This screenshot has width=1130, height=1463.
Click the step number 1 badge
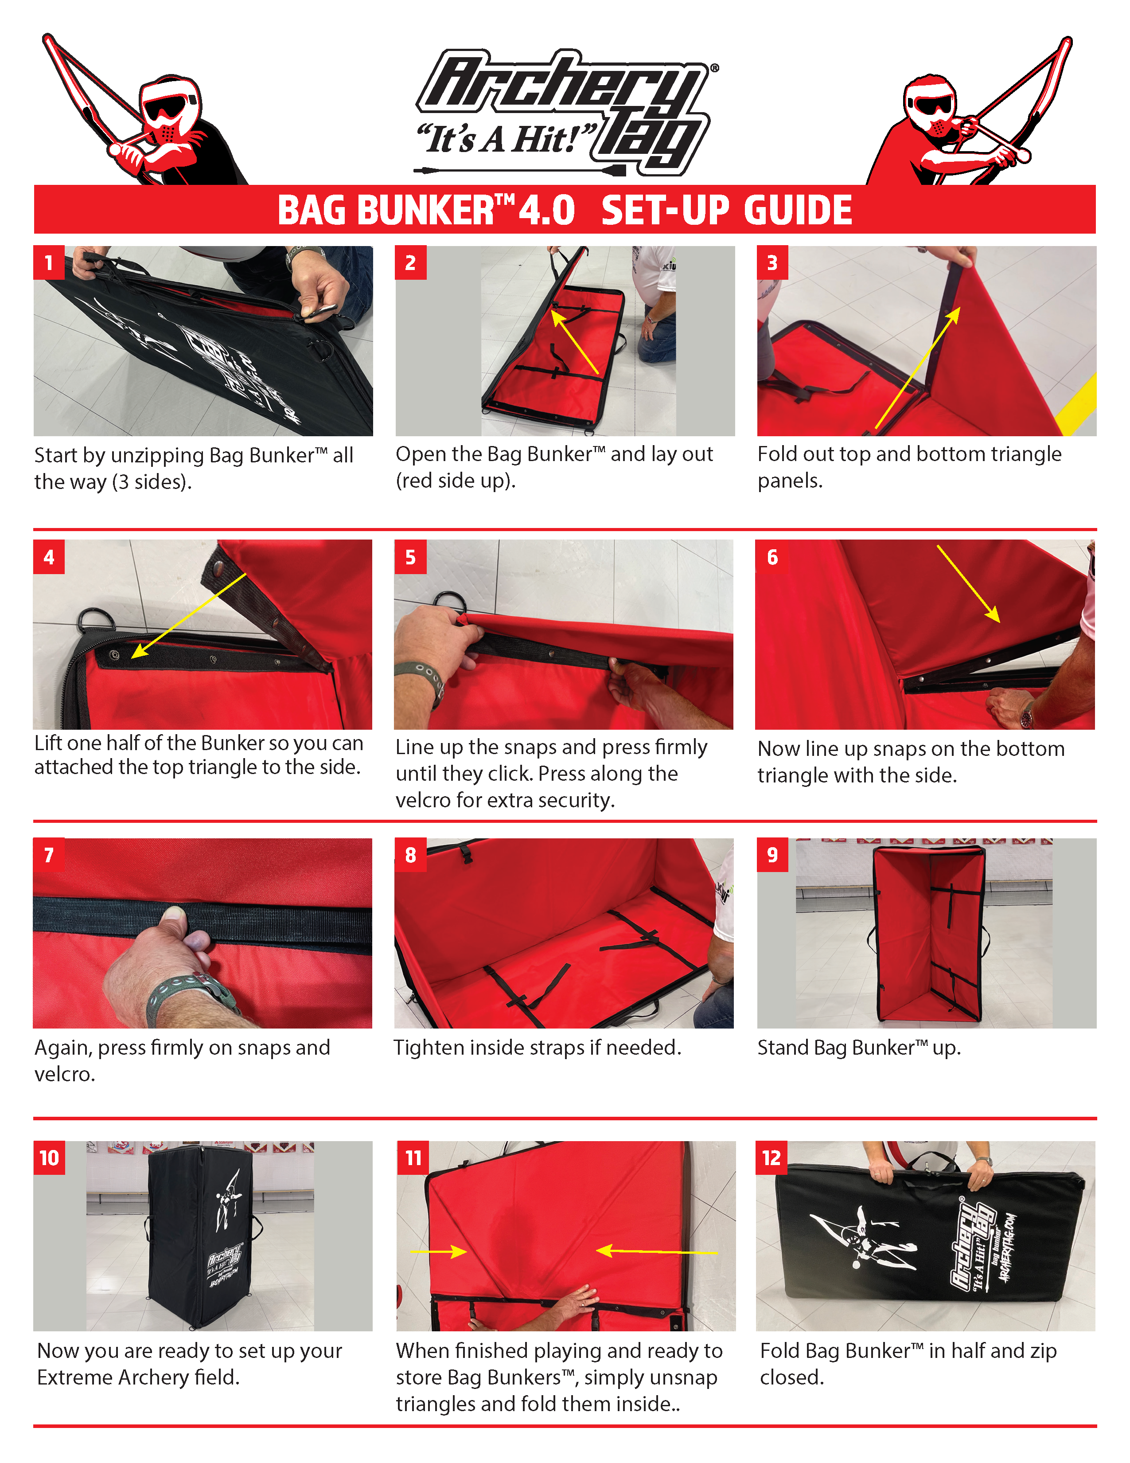49,262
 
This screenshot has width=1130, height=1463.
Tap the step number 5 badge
410,557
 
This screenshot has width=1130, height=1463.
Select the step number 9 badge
772,855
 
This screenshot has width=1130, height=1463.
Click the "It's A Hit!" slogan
506,139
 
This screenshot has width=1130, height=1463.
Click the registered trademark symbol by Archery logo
714,68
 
